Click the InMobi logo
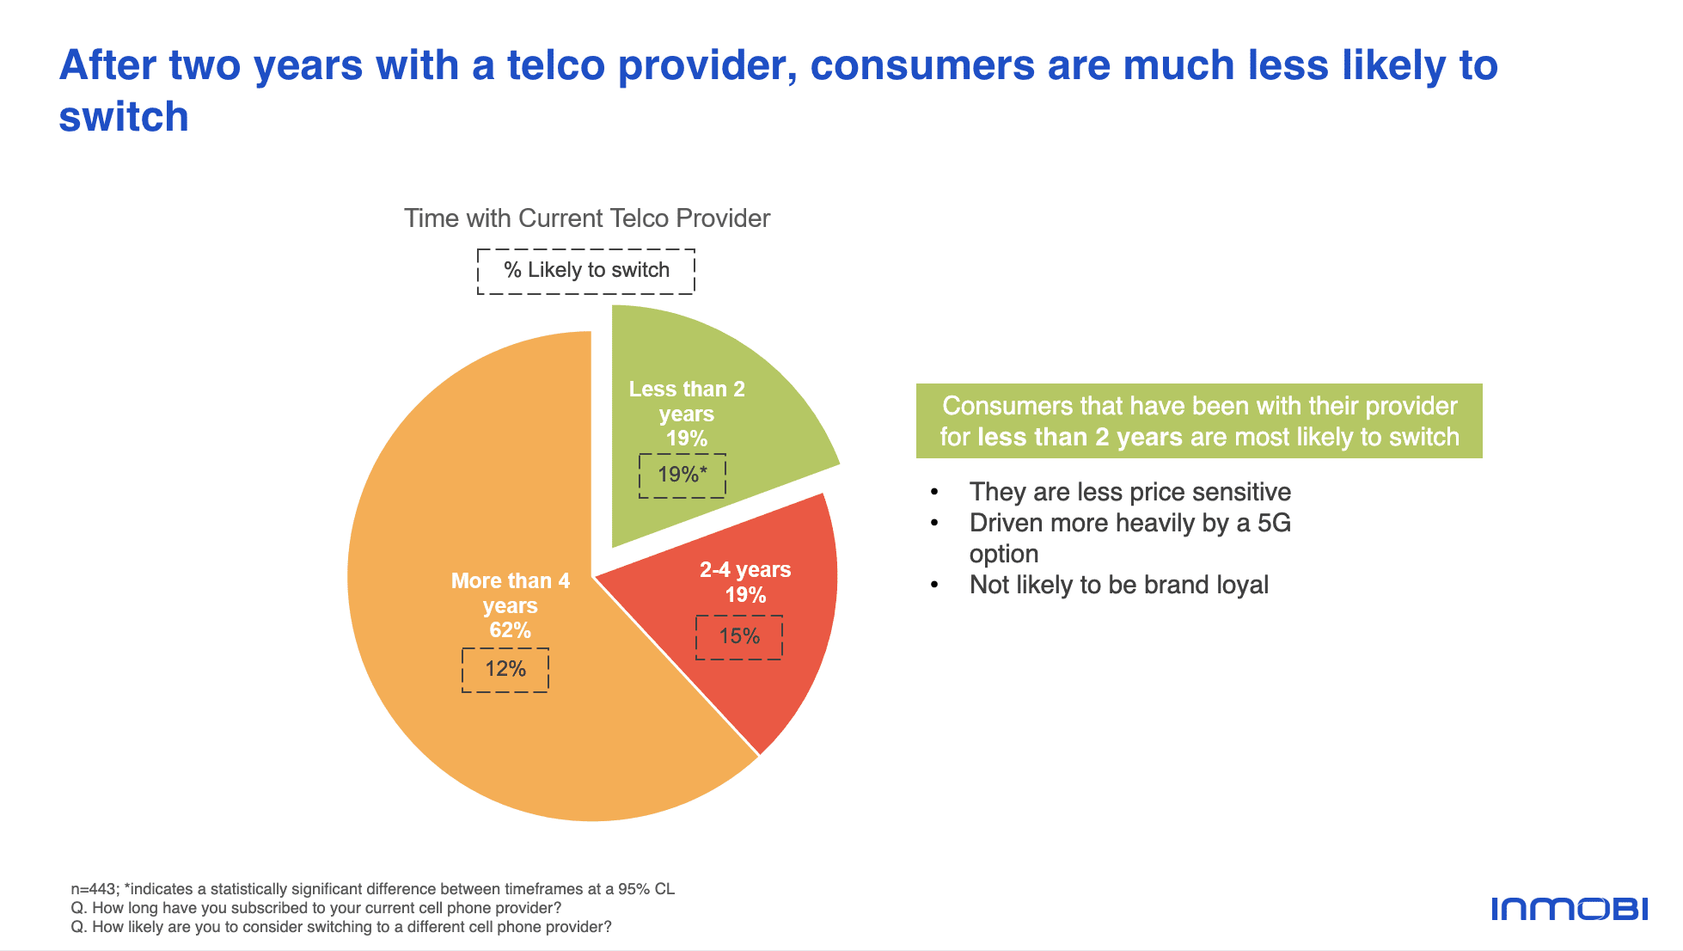click(1570, 909)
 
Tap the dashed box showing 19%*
click(682, 475)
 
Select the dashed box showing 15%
click(739, 637)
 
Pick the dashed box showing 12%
click(505, 670)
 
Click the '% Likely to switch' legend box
click(586, 272)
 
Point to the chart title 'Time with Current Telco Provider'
click(587, 218)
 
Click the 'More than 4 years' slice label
click(511, 593)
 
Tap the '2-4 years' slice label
click(745, 569)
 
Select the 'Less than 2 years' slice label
click(687, 402)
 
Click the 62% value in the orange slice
click(511, 630)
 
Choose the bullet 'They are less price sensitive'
click(1130, 492)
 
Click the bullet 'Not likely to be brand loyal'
click(1119, 585)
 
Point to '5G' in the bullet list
click(1274, 523)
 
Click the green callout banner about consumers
click(1199, 421)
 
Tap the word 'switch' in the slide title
click(124, 116)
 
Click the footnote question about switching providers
click(341, 927)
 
